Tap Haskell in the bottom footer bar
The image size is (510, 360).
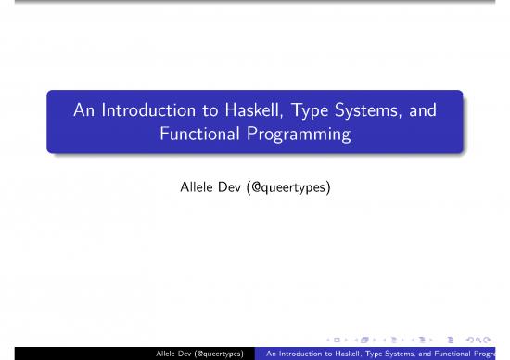(353, 354)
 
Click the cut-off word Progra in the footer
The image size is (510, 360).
(498, 354)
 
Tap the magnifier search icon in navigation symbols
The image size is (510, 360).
(490, 340)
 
